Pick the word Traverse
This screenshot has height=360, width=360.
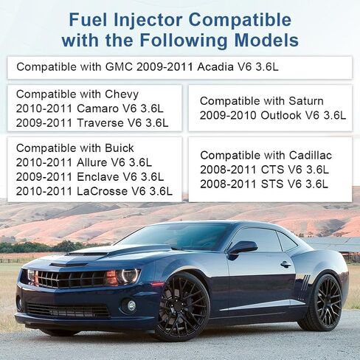click(100, 123)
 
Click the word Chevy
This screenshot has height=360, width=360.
click(122, 94)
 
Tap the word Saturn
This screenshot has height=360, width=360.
click(306, 101)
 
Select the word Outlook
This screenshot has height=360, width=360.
click(281, 115)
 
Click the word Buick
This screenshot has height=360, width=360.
click(120, 148)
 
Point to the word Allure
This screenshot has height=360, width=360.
click(92, 162)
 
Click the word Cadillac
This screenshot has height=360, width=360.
click(311, 156)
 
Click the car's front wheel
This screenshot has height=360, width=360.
click(182, 308)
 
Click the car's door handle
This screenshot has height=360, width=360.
click(285, 265)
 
